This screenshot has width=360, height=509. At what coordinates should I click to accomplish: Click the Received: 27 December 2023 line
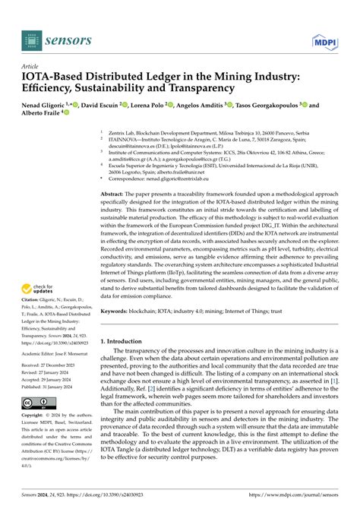(x=50, y=365)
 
